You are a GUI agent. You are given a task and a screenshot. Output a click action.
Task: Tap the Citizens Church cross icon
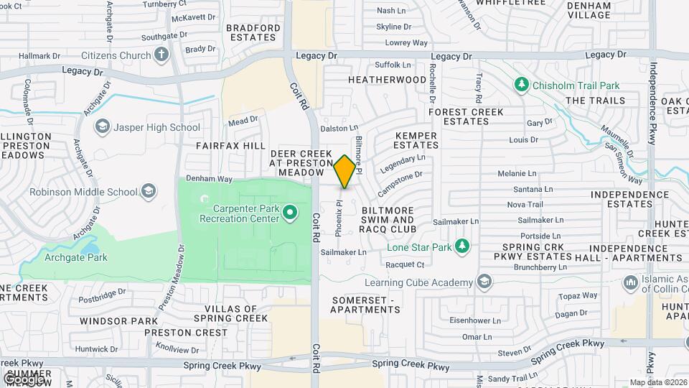tap(161, 55)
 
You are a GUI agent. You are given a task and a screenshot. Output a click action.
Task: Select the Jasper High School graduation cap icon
tap(103, 127)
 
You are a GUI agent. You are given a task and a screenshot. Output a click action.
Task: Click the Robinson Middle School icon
tap(148, 191)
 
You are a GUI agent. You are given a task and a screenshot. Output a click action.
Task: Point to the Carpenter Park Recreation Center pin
tap(290, 213)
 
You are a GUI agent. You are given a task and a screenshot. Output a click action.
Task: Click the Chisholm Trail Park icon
tap(522, 86)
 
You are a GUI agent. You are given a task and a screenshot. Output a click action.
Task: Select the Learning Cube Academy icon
tap(484, 280)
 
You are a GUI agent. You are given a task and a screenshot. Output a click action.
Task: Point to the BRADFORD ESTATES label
tap(253, 33)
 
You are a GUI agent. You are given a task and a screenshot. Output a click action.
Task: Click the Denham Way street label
tap(209, 177)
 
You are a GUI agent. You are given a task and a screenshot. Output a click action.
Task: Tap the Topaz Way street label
tap(578, 295)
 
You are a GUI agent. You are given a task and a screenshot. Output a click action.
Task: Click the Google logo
tap(26, 379)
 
